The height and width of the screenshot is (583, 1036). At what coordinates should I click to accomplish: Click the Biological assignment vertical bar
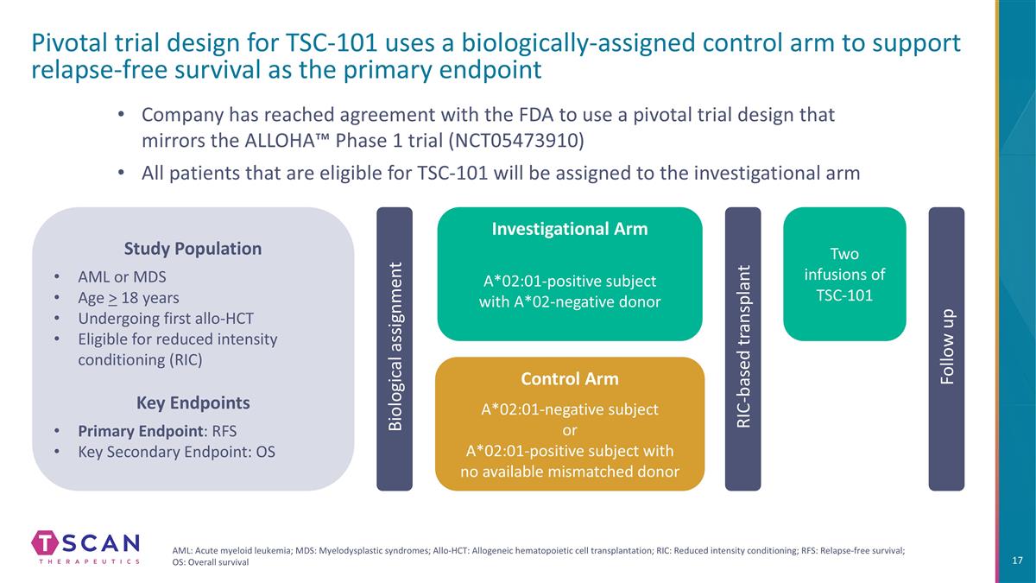pyautogui.click(x=395, y=349)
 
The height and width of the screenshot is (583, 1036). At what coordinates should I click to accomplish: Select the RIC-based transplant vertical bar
pyautogui.click(x=742, y=349)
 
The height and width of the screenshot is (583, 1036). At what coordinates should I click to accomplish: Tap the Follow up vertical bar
pyautogui.click(x=946, y=349)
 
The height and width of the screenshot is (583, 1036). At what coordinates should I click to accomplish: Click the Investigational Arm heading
pyautogui.click(x=570, y=229)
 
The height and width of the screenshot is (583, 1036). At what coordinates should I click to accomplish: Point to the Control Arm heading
pyautogui.click(x=570, y=379)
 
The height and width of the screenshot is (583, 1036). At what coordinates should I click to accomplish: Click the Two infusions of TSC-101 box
pyautogui.click(x=844, y=275)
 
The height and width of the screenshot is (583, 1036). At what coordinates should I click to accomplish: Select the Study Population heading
pyautogui.click(x=193, y=249)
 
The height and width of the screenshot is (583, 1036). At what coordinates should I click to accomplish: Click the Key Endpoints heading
pyautogui.click(x=193, y=402)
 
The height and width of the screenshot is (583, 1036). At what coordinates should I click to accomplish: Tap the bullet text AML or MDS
pyautogui.click(x=122, y=277)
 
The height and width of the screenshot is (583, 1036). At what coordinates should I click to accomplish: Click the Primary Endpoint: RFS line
pyautogui.click(x=157, y=430)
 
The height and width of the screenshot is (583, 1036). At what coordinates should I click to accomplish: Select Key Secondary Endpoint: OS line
pyautogui.click(x=176, y=451)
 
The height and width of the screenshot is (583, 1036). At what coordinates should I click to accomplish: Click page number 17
pyautogui.click(x=1016, y=561)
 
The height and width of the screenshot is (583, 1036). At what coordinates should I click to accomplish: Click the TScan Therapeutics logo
pyautogui.click(x=85, y=547)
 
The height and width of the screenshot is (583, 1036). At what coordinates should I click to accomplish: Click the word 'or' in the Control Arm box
pyautogui.click(x=570, y=430)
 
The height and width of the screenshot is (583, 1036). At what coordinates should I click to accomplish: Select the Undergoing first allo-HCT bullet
pyautogui.click(x=167, y=319)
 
